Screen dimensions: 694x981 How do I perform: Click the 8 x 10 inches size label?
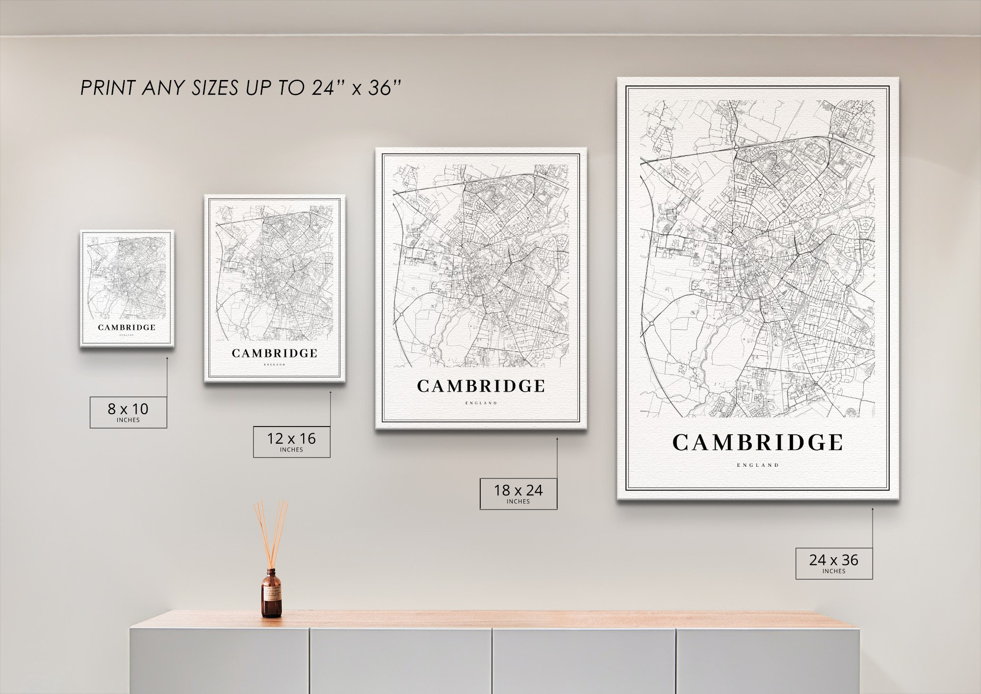click(x=128, y=412)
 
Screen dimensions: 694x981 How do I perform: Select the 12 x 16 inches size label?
click(x=291, y=442)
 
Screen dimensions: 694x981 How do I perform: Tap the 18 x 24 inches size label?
click(x=518, y=493)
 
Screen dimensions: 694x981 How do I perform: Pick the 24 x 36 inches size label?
click(x=834, y=563)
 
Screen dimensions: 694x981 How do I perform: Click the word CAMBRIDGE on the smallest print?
click(x=127, y=327)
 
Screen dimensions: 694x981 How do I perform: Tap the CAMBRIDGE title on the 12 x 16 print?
click(x=275, y=353)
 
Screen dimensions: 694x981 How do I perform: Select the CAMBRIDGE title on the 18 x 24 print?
click(x=481, y=386)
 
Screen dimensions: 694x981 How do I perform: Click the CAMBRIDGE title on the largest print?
click(x=757, y=443)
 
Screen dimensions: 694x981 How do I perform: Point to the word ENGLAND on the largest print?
click(x=757, y=465)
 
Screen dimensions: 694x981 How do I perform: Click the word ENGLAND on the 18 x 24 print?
click(x=481, y=403)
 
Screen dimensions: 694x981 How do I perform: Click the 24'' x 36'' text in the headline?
click(x=356, y=88)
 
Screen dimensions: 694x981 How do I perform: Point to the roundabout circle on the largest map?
click(x=652, y=324)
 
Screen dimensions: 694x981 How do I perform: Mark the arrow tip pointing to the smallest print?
click(x=167, y=358)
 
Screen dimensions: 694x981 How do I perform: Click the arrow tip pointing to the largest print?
click(x=872, y=509)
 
